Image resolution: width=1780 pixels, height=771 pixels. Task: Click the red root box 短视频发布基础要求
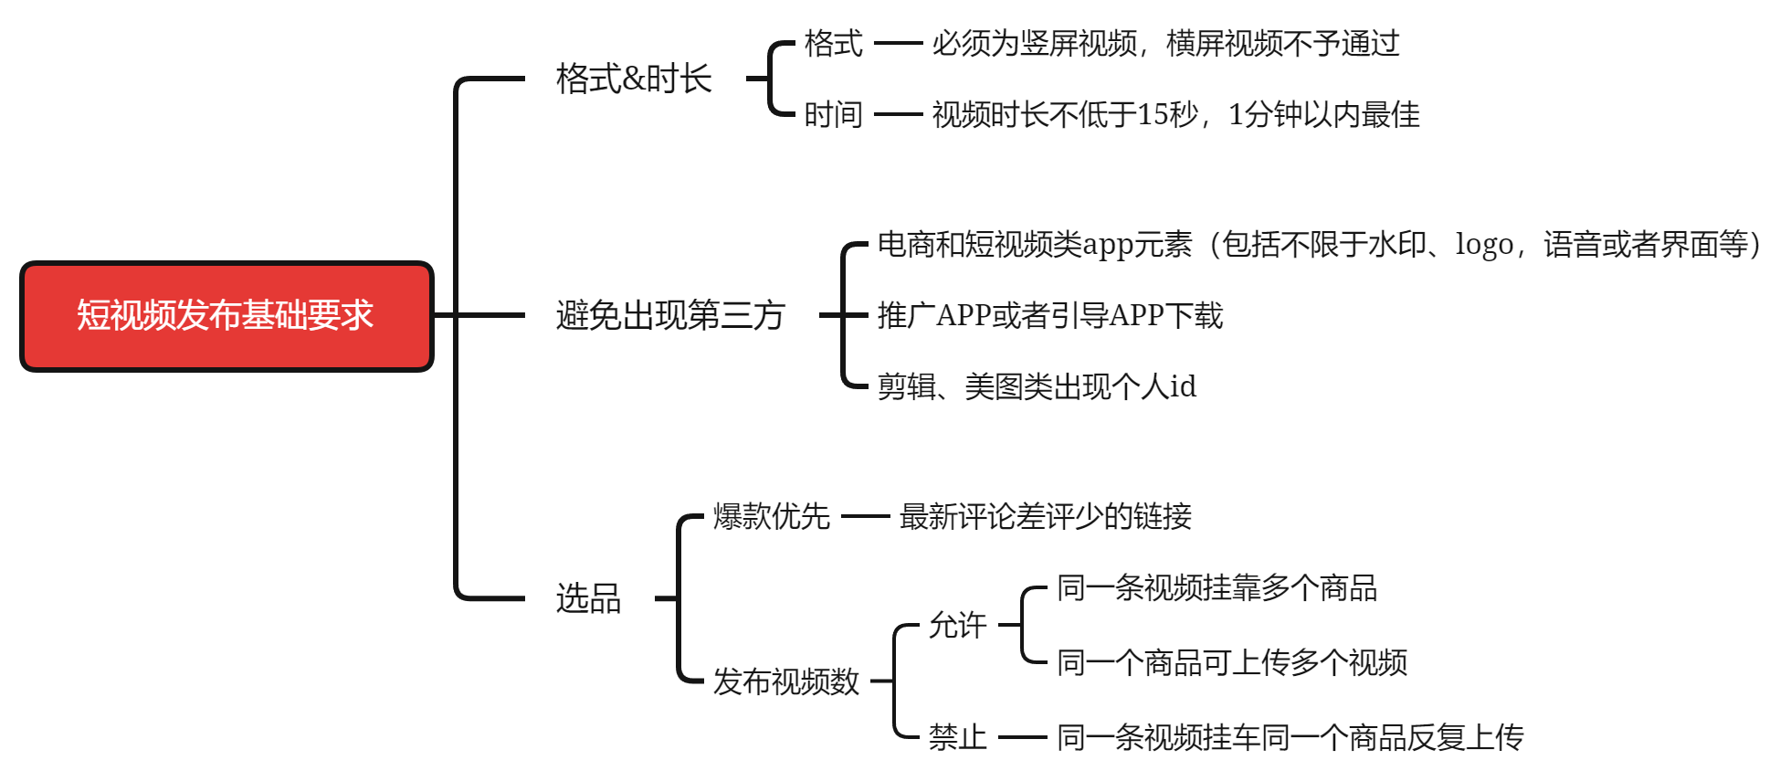coord(226,316)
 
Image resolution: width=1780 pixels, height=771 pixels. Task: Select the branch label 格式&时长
coord(634,79)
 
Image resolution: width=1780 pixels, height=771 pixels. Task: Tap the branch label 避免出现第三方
coord(670,315)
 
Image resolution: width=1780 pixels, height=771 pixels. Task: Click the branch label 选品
coord(588,598)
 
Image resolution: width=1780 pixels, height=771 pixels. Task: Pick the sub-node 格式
coord(833,43)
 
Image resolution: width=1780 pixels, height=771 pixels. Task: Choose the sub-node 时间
coord(833,114)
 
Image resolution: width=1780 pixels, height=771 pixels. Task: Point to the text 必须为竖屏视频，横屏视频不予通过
coord(1165,43)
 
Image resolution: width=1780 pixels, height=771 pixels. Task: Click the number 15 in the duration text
coord(1153,114)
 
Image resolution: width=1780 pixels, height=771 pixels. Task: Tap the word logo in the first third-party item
coord(1484,245)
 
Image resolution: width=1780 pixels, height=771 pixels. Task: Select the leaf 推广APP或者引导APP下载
coord(1050,315)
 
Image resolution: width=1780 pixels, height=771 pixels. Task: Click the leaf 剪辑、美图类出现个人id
coord(1037,386)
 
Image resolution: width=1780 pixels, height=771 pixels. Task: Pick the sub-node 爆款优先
coord(771,516)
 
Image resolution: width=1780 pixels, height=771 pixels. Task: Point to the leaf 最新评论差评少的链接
coord(1046,516)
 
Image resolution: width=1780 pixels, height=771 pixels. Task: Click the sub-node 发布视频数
coord(785,681)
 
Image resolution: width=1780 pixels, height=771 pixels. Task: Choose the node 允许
coord(957,625)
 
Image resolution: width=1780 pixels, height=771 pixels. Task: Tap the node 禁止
coord(957,736)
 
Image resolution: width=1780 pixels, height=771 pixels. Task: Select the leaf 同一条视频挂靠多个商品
coord(1217,587)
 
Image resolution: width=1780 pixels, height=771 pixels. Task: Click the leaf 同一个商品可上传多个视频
coord(1232,662)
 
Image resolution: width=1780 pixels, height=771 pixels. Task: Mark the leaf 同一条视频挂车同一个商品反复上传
coord(1290,736)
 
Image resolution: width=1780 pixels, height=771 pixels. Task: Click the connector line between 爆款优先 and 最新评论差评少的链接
coord(865,516)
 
